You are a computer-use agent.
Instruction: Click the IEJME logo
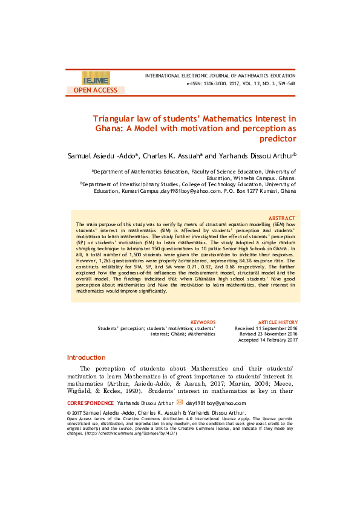pos(96,79)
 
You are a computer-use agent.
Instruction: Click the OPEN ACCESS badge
pos(96,90)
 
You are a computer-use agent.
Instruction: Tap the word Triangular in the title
pos(114,119)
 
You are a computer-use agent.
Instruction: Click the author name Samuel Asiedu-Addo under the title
pos(102,156)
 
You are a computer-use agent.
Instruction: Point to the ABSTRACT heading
pos(281,218)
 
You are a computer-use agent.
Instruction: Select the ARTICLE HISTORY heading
pos(278,322)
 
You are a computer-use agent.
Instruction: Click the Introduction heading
pos(86,357)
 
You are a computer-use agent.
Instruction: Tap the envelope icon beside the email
pos(179,402)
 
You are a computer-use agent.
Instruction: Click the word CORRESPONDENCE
pos(90,403)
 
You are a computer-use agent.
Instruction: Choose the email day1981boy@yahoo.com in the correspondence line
pos(216,403)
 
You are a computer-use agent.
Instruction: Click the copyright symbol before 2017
pos(68,413)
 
